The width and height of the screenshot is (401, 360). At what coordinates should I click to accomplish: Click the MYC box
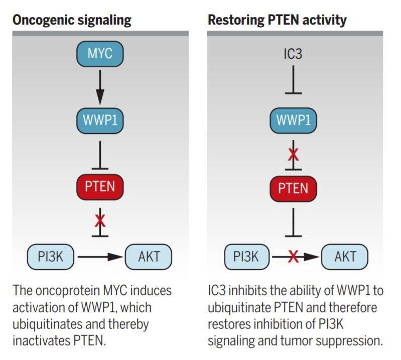100,54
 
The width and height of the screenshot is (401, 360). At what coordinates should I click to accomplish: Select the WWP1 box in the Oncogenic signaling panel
100,120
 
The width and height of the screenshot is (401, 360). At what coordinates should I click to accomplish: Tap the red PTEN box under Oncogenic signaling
100,187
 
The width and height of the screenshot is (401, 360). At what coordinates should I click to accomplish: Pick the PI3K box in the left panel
51,257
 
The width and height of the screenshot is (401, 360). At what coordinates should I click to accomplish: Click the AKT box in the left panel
149,257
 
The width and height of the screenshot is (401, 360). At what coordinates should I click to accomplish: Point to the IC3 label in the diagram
293,54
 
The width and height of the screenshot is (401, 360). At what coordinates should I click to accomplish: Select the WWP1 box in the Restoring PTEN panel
293,120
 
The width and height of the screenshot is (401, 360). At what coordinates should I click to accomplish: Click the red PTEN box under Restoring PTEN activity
293,189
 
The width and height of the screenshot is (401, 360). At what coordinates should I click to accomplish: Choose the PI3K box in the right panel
247,257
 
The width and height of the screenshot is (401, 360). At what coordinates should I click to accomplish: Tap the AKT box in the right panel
345,257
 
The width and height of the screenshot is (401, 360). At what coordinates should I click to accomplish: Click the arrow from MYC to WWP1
100,87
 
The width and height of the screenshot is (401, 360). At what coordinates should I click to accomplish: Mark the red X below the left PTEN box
100,221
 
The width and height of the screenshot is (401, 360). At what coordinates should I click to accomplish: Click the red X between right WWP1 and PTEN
293,154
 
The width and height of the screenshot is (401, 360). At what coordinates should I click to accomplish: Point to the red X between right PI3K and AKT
293,257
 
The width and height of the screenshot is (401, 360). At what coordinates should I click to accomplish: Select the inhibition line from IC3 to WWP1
293,80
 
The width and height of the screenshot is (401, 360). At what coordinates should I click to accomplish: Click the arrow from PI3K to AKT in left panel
100,257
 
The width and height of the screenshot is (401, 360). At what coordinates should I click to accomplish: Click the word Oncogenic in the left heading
43,20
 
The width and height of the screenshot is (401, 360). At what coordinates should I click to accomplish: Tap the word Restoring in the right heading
236,20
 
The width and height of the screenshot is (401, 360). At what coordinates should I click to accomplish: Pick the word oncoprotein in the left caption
68,291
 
